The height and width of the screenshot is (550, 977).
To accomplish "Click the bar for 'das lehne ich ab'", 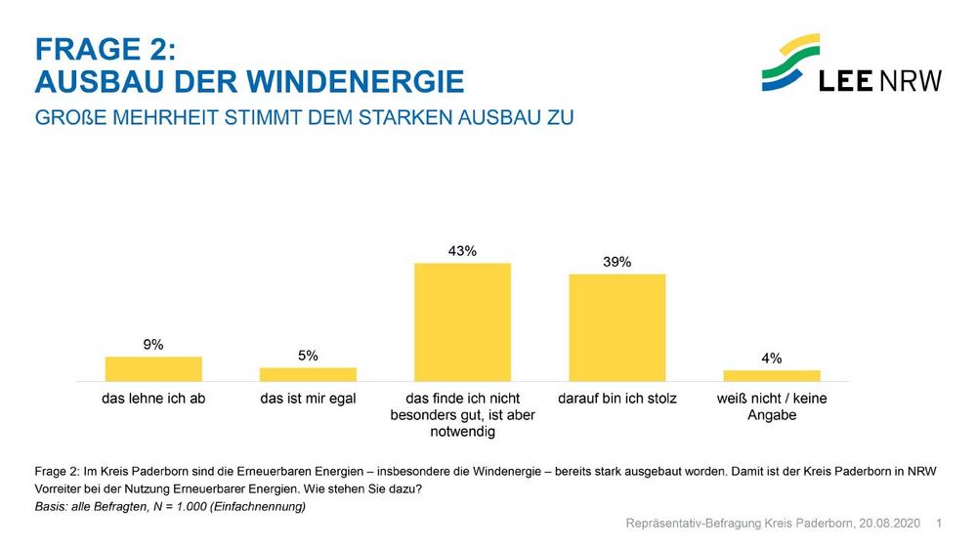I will coord(153,368).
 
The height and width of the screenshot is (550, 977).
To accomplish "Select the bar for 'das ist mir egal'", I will coord(308,374).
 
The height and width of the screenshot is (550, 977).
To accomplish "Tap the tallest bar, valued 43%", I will coord(462,321).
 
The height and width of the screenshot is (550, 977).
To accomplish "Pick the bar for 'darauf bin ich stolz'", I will coord(616,327).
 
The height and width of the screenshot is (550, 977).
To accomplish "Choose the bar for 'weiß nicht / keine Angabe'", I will coord(772,375).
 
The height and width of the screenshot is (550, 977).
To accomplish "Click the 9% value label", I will coord(153,344).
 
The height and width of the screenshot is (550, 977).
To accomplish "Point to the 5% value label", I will coord(308,356).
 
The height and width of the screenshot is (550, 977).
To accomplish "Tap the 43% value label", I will coord(462,251).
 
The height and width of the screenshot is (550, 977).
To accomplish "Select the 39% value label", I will coord(616,262).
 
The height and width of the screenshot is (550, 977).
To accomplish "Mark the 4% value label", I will coord(772,359).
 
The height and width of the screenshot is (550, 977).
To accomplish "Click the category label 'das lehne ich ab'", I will coord(153,399).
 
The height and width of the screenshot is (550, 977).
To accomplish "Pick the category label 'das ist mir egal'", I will coord(308,399).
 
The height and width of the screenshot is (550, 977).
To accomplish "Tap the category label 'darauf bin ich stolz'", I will coord(616,399).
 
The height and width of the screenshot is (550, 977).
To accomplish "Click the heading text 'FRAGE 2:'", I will coord(105,49).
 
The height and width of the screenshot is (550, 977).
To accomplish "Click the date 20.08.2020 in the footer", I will coord(890,525).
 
